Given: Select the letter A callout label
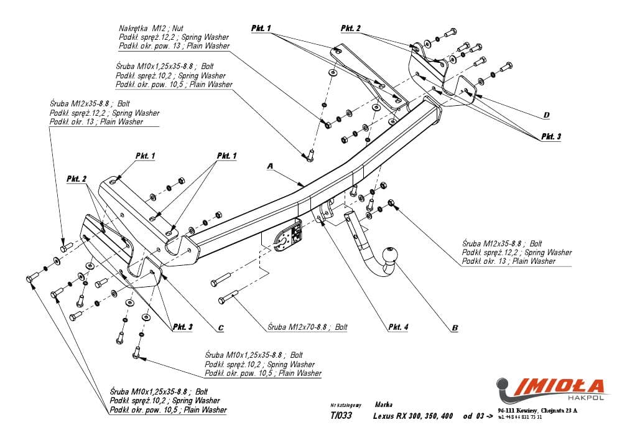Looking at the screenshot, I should pos(270,166).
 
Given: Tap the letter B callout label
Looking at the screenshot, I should pos(454,327).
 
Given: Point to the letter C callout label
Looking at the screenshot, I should pos(221,327).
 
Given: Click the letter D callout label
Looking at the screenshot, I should pos(545,115).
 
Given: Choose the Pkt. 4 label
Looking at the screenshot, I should pos(398,326).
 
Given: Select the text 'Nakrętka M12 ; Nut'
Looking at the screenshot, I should pos(151,29).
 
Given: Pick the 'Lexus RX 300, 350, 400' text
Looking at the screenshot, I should pos(414,416).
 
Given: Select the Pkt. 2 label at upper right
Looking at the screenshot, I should pos(351,29).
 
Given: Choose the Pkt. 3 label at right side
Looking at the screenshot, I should pos(550,136).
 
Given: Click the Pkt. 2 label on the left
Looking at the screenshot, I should pos(77,179).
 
